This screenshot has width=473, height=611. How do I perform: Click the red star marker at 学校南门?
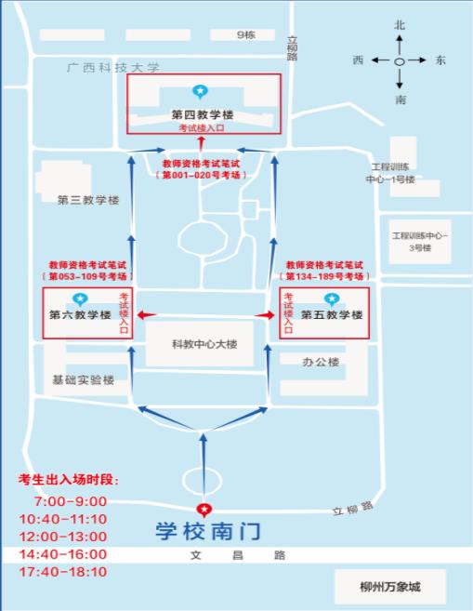(x=204, y=510)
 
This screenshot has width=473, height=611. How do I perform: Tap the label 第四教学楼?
(x=203, y=114)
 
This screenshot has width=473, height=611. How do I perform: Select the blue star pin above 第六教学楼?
(x=80, y=299)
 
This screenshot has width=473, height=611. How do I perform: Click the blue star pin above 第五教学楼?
(x=332, y=299)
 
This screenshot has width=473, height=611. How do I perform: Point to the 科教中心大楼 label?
(x=204, y=344)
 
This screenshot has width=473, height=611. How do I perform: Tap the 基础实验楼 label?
(x=84, y=380)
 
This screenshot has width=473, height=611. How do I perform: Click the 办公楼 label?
(x=321, y=362)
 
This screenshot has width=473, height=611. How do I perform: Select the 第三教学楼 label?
(x=88, y=200)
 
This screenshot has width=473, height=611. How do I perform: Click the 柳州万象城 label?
(x=389, y=587)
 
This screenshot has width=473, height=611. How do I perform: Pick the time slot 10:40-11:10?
(x=63, y=519)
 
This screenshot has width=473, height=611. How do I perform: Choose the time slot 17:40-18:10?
(x=63, y=572)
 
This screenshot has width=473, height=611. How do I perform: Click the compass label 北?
(x=400, y=25)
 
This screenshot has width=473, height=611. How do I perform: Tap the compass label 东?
(x=440, y=60)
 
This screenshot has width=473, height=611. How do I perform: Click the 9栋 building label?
(x=246, y=35)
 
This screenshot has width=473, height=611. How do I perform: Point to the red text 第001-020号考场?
(x=201, y=175)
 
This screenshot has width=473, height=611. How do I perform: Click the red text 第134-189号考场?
(x=324, y=276)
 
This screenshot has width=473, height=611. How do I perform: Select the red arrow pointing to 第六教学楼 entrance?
(x=147, y=315)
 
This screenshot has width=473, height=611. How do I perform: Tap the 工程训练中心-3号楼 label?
(x=420, y=242)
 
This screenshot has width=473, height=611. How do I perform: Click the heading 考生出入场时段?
(x=69, y=479)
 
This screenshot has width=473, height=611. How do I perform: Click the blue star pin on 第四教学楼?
(x=200, y=92)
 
